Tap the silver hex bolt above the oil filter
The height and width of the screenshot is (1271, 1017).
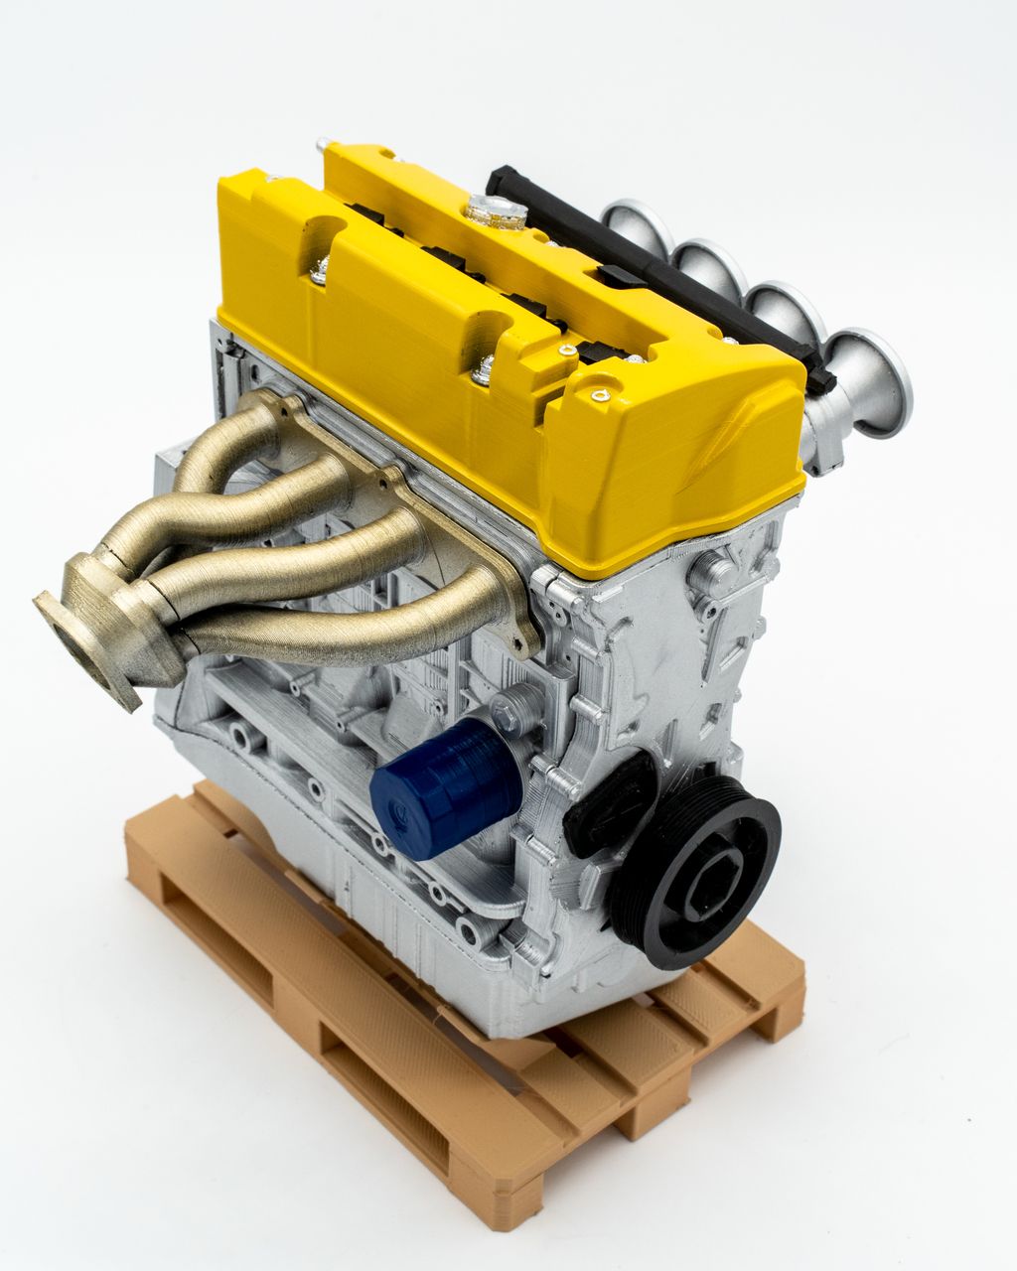click(x=505, y=706)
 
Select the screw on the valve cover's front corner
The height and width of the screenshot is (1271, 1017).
click(x=598, y=395)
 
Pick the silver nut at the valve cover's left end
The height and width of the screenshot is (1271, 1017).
click(x=320, y=268)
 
